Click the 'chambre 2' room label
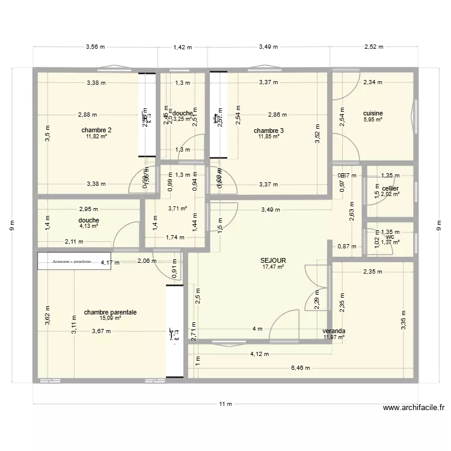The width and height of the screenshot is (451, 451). click(96, 130)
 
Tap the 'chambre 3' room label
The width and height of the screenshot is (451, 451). click(269, 130)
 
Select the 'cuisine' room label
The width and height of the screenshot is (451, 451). click(373, 113)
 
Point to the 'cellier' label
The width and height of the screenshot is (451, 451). click(390, 188)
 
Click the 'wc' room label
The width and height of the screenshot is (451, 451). click(390, 236)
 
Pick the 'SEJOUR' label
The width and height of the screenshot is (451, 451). click(273, 260)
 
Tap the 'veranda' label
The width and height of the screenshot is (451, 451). click(334, 331)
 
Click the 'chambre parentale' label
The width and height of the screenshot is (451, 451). click(111, 312)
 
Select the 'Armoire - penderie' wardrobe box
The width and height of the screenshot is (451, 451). click(74, 261)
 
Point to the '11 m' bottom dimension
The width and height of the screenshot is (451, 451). click(226, 404)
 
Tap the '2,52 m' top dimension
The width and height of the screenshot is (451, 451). click(373, 46)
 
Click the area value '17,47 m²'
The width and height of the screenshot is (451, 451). click(273, 266)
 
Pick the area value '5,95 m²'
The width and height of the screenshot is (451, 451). click(373, 119)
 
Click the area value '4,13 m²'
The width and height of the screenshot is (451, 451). click(88, 226)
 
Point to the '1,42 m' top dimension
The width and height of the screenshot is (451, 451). click(182, 46)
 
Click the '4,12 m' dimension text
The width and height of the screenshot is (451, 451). click(260, 354)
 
